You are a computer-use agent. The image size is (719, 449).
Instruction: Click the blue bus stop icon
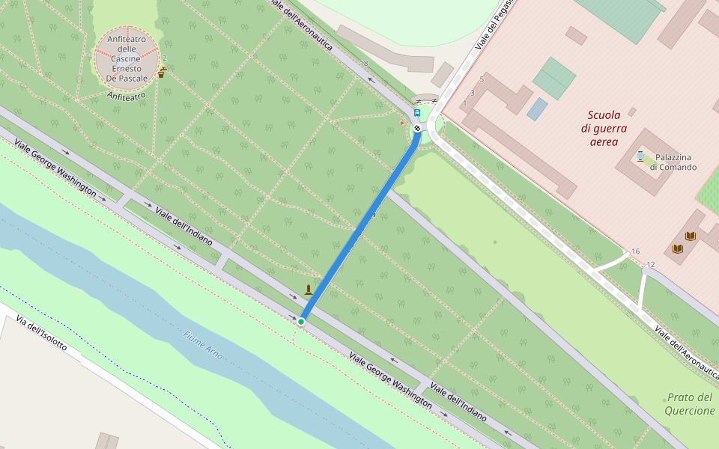tap(417, 113)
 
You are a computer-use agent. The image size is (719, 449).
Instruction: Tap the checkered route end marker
tap(416, 127)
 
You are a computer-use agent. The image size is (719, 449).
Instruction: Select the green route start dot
tap(301, 322)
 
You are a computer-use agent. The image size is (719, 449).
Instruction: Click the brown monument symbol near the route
tap(308, 290)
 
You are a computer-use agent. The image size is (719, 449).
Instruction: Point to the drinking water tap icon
tap(162, 72)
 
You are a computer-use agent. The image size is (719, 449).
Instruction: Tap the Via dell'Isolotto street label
tap(42, 335)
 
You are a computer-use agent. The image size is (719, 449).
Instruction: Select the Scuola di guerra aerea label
tap(604, 128)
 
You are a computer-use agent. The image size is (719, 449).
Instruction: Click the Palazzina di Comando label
tap(673, 162)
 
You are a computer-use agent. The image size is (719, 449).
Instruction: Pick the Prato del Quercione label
tap(690, 403)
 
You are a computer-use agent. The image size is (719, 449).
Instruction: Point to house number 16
tap(635, 251)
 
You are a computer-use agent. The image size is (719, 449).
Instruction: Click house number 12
tap(650, 265)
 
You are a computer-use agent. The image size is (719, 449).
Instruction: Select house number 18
tap(365, 64)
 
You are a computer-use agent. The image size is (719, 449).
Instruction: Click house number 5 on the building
tap(482, 79)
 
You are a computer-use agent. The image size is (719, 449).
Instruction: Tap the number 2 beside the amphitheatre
tap(164, 58)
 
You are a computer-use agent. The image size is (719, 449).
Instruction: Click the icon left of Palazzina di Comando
tap(641, 156)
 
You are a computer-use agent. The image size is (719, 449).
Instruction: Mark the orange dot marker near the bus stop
tap(402, 123)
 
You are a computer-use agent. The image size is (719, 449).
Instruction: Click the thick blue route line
tap(359, 224)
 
